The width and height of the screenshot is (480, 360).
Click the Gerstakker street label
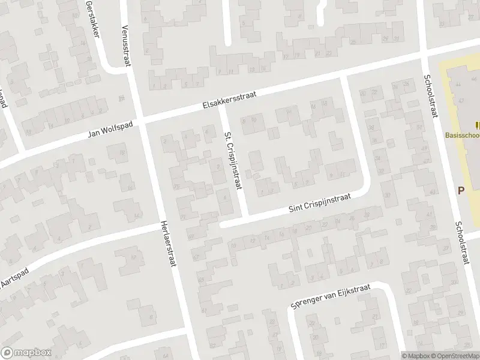coord(92,19)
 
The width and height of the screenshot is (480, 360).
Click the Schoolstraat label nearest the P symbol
coord(460,242)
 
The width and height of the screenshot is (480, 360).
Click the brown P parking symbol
coord(462,190)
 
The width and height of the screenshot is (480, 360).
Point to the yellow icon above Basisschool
coord(477,125)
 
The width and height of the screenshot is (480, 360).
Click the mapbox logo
coord(26,353)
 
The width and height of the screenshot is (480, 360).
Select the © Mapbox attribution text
coord(416,356)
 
